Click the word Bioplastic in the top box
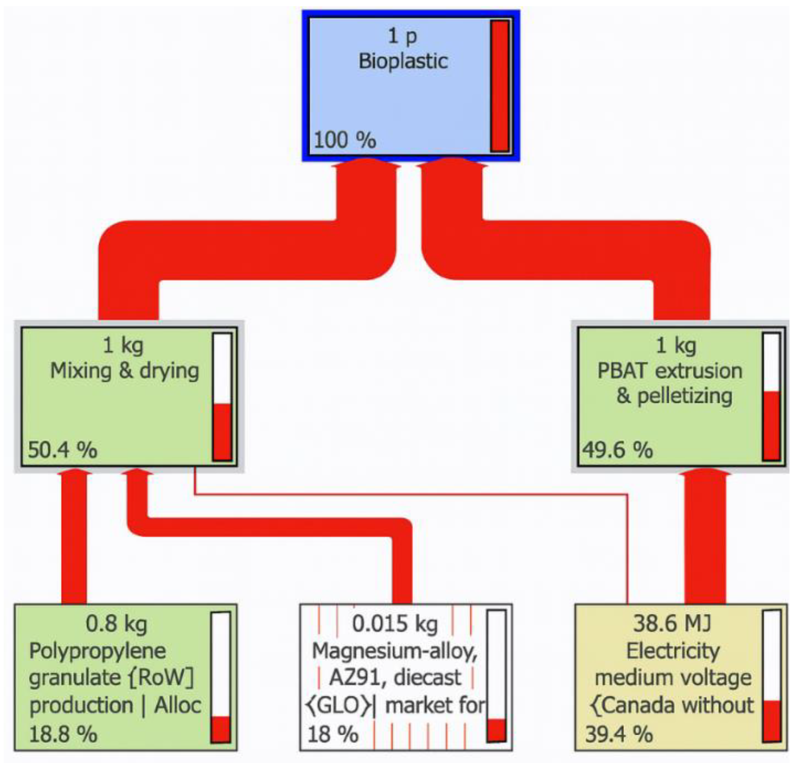[403, 61]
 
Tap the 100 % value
[345, 140]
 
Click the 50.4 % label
[62, 450]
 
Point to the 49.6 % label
[617, 450]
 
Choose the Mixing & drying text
[124, 371]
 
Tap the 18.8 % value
[63, 734]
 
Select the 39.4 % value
[619, 734]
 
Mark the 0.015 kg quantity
[395, 624]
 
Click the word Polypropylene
[98, 651]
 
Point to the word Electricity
[673, 651]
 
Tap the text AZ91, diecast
[395, 678]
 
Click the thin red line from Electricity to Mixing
[408, 494]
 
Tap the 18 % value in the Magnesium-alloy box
[333, 734]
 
